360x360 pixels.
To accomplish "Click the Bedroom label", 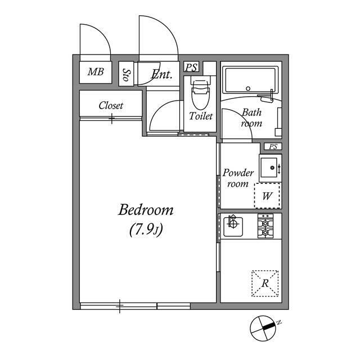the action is pos(146,210).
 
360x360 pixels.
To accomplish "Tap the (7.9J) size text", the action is pos(146,230).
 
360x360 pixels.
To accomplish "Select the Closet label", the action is pos(111,106).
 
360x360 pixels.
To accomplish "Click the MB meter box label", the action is pos(96,72).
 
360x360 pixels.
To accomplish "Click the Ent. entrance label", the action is pos(162,74).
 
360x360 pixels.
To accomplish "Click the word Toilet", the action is pos(201,116).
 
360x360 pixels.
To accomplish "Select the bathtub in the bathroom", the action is pos(251,80).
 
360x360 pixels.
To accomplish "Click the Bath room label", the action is pos(251,118).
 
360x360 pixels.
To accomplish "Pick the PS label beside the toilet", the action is pos(191,67).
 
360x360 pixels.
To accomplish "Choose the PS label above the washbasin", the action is pos(273,146).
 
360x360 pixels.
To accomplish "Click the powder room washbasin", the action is pos(270,168).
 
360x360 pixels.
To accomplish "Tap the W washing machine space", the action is pos(268,196).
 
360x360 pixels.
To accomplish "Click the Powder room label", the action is pos(238,178).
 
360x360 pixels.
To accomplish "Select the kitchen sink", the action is pos(233,226).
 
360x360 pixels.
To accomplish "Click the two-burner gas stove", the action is pos(265,226).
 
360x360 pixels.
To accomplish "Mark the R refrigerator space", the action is pos(265,283).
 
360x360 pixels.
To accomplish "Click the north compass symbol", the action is pos(263,328).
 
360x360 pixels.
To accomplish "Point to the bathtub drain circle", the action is pos(248,88).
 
